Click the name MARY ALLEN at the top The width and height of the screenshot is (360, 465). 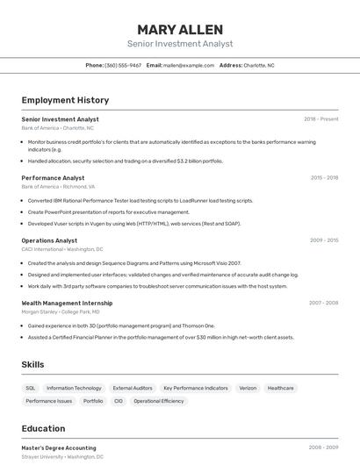click(180, 29)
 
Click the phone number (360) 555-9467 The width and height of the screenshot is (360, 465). click(123, 65)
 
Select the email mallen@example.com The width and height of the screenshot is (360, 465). click(189, 65)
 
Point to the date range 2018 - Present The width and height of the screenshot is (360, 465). click(320, 118)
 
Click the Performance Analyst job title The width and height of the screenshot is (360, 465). click(53, 177)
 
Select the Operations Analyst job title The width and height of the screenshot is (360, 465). click(49, 240)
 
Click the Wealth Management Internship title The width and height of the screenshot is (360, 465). click(67, 302)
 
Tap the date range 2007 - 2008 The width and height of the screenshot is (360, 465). click(323, 302)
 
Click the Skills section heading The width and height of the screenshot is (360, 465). click(32, 364)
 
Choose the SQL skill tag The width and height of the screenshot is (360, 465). click(31, 387)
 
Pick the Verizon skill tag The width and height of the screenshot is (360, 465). click(248, 387)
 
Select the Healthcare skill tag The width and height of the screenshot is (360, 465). click(281, 387)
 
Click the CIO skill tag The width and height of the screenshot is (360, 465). click(119, 400)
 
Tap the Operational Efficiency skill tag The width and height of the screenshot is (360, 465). click(159, 400)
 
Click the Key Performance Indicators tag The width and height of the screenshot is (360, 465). click(195, 387)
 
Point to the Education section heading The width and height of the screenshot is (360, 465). click(43, 428)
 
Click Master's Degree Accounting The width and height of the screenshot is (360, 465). click(59, 447)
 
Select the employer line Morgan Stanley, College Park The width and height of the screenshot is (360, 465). click(61, 311)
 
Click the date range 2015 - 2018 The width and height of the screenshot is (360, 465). click(324, 177)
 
